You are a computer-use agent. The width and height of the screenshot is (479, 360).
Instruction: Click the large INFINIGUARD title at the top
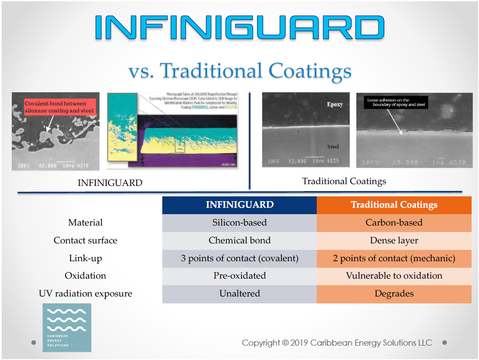(x=239, y=27)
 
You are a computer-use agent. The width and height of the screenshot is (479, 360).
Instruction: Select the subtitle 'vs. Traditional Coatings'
(x=239, y=71)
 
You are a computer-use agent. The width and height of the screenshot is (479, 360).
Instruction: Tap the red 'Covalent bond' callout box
(x=59, y=107)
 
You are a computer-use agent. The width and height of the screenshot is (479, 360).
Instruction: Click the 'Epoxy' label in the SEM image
(x=335, y=104)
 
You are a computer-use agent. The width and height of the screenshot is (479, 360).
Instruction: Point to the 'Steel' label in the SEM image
(x=333, y=147)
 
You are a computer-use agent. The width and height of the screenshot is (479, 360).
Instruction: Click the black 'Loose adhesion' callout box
(x=395, y=102)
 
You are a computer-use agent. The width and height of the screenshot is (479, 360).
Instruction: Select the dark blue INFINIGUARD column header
(x=239, y=205)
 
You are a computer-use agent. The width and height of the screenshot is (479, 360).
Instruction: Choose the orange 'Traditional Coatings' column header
(x=394, y=205)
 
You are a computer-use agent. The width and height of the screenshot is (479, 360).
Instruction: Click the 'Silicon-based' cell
(x=239, y=223)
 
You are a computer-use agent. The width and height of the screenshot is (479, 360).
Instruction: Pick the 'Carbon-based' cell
(x=394, y=223)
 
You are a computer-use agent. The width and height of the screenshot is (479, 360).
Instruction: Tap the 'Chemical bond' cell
(x=239, y=240)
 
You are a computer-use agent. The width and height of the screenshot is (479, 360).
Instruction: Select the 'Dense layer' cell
(x=394, y=240)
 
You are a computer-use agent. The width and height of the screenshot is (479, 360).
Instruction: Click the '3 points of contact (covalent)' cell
(x=239, y=259)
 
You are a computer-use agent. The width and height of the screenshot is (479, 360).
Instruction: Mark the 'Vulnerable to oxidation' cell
(x=394, y=276)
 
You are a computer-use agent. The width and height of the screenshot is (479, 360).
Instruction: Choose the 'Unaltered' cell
(x=239, y=294)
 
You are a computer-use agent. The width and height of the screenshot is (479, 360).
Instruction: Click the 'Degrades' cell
(x=394, y=294)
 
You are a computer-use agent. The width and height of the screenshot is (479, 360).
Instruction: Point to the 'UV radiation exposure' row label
(x=85, y=294)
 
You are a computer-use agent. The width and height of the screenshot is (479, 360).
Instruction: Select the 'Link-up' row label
(x=85, y=259)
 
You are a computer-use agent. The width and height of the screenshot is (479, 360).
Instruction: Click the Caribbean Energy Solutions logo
(x=67, y=327)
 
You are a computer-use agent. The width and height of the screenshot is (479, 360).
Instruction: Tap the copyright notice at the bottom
(x=337, y=343)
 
